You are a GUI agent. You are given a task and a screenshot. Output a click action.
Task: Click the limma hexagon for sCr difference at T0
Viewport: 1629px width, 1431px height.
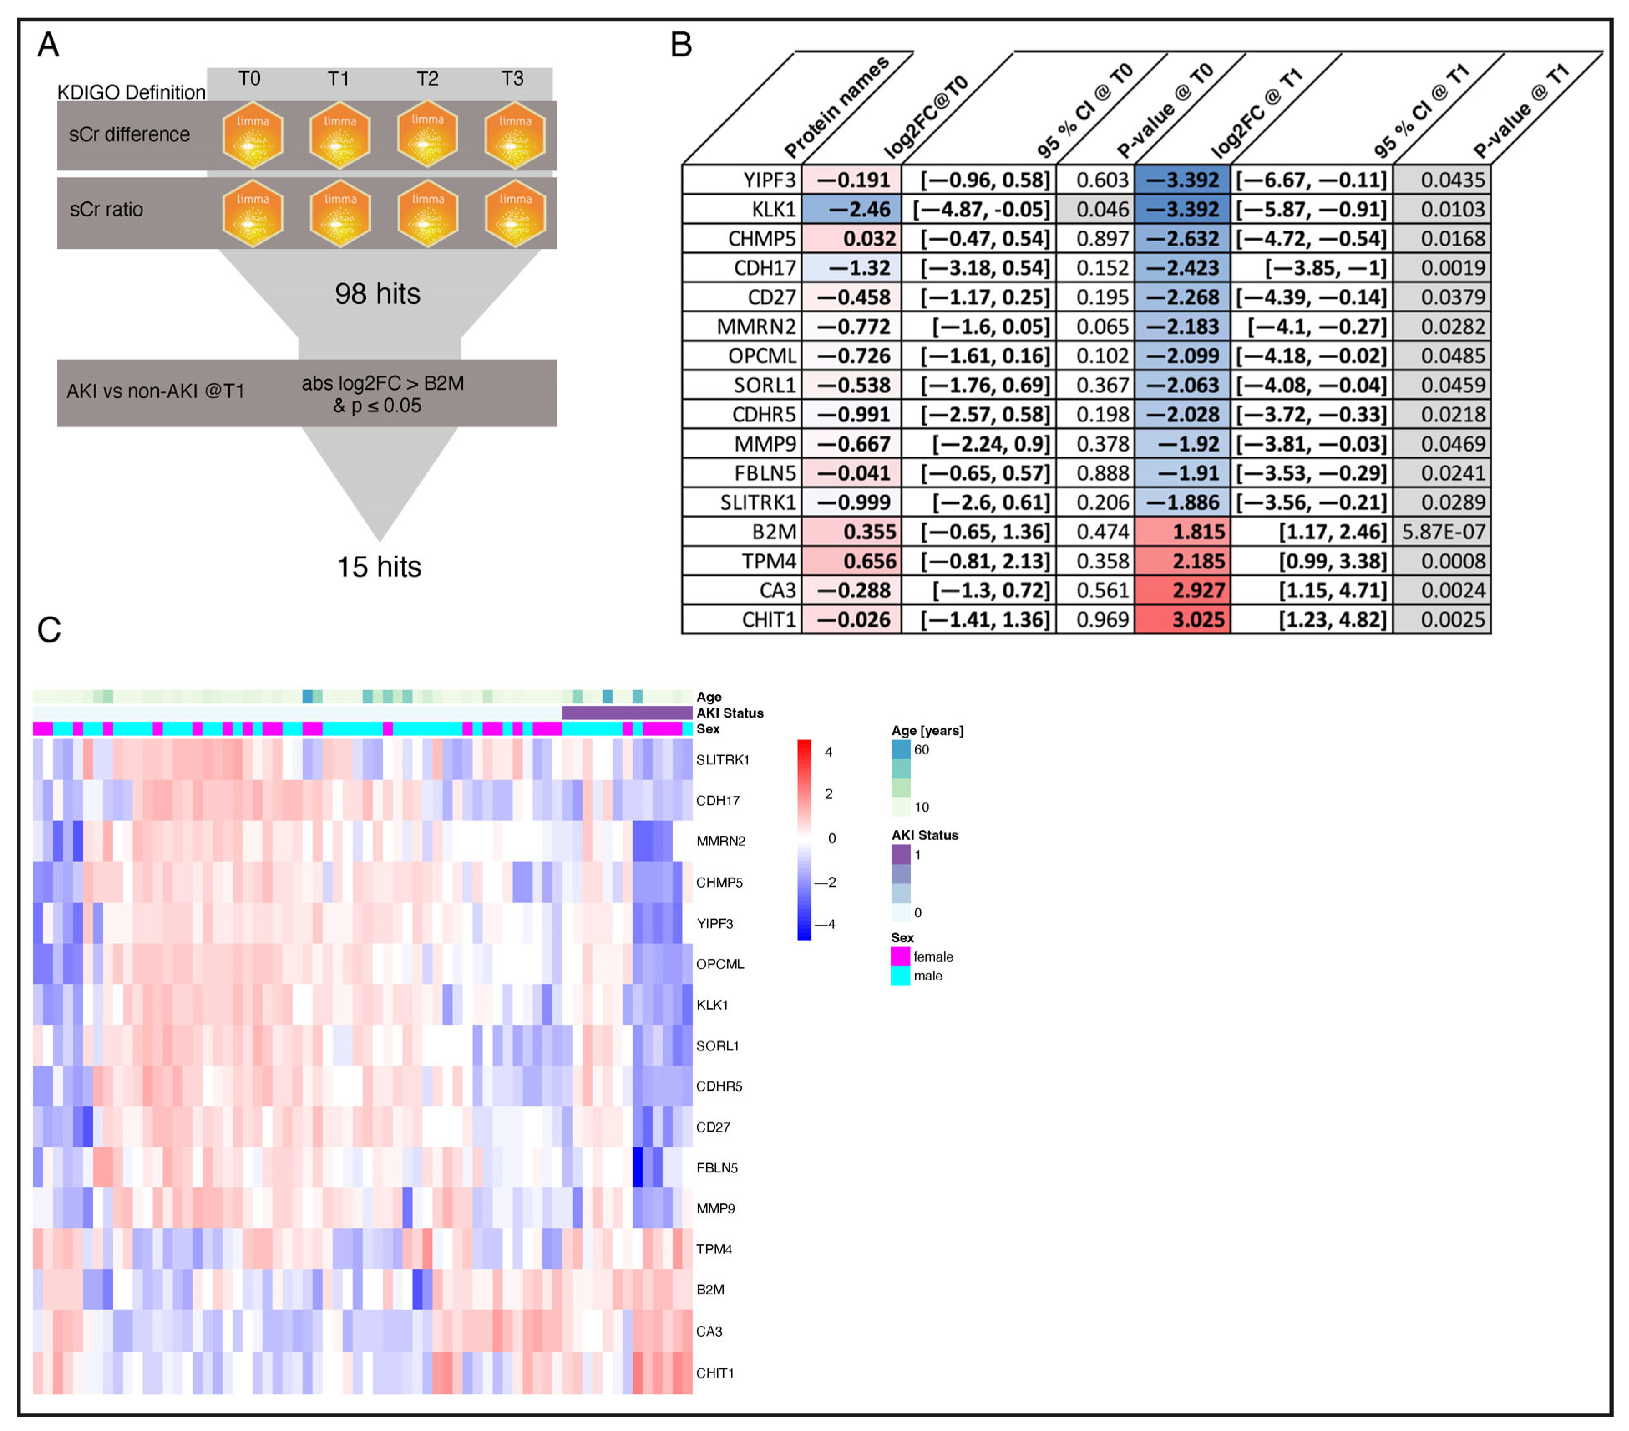pyautogui.click(x=253, y=135)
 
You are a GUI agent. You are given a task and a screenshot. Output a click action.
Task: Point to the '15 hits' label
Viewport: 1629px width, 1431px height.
pyautogui.click(x=379, y=567)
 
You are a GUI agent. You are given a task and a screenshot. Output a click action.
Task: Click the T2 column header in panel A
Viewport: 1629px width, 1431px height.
pyautogui.click(x=427, y=79)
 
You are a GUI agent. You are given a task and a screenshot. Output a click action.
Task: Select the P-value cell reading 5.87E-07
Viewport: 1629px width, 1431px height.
pyautogui.click(x=1442, y=532)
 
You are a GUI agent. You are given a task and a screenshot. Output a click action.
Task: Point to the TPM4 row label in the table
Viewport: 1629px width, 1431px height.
pyautogui.click(x=769, y=561)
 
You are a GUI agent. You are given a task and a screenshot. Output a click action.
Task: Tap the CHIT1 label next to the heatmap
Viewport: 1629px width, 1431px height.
pyautogui.click(x=715, y=1373)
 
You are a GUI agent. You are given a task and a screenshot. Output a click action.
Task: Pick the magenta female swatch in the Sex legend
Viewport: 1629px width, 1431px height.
pyautogui.click(x=900, y=956)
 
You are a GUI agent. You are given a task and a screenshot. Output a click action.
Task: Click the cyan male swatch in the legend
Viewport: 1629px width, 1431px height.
pyautogui.click(x=900, y=976)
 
